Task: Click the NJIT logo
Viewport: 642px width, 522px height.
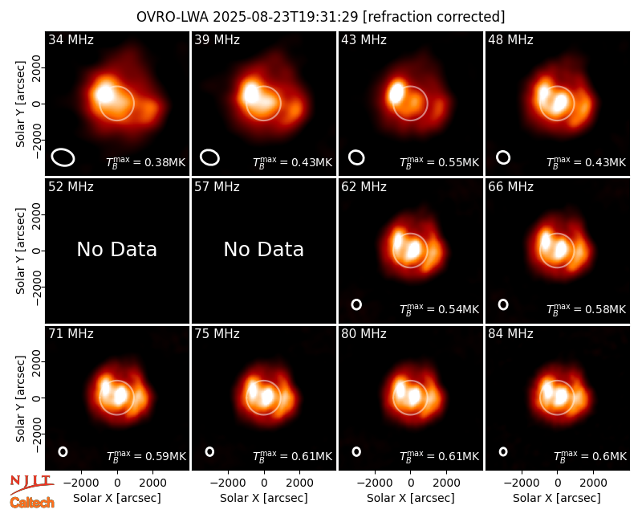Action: [31, 484]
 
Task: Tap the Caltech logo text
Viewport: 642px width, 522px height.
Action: [32, 503]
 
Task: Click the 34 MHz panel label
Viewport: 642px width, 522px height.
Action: [71, 39]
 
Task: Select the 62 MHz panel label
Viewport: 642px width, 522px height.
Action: [364, 187]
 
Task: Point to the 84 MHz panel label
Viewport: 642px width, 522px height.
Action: [510, 334]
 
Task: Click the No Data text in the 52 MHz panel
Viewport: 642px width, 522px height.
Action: [116, 249]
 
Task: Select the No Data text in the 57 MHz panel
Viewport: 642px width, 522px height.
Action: [264, 249]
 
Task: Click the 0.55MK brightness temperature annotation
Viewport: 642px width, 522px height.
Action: [439, 162]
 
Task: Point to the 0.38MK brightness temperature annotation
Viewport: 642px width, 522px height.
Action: [145, 162]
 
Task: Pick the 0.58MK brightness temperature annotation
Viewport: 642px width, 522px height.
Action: [586, 309]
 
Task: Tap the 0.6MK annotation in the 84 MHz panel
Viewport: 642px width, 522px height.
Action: [590, 456]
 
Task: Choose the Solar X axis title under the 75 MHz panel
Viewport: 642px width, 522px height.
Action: [264, 498]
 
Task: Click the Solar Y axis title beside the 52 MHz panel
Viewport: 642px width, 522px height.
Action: [21, 251]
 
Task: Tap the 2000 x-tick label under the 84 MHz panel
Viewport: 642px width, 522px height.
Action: [593, 483]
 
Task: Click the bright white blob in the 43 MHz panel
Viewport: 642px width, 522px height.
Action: [396, 92]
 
